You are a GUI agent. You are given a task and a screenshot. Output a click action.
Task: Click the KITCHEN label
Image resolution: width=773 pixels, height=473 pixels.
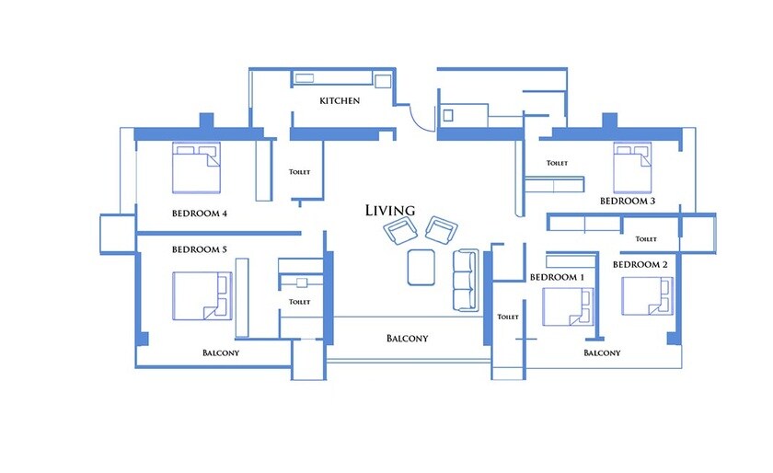pos(340,100)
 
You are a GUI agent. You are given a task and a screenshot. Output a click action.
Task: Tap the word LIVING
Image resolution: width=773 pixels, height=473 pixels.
pos(390,211)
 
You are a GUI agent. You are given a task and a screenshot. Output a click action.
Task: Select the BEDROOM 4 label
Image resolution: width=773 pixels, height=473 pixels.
pos(200,213)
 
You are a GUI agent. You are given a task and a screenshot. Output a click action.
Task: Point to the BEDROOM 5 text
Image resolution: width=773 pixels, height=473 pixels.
pos(200,249)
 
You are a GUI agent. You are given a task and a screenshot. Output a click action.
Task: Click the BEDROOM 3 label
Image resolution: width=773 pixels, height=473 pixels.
pos(628,200)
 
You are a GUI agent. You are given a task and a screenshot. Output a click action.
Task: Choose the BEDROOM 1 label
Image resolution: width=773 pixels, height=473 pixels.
pos(557,277)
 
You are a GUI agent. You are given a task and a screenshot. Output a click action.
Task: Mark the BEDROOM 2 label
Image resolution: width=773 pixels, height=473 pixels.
pos(640,265)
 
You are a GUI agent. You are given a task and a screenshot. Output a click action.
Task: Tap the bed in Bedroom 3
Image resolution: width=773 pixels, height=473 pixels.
pos(633,167)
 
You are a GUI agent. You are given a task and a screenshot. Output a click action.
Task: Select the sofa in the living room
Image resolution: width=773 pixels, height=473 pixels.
pos(465,280)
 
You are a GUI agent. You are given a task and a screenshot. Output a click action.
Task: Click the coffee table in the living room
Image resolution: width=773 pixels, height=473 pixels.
pos(422,267)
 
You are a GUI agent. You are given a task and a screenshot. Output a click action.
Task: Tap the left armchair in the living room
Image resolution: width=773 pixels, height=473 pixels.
pos(400,231)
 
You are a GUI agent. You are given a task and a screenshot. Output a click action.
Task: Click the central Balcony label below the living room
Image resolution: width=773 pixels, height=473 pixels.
pos(407,339)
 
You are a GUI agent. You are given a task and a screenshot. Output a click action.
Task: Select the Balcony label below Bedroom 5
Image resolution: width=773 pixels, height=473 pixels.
pos(221,352)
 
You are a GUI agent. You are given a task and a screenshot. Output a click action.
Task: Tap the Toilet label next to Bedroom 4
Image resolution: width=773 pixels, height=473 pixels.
pos(300,172)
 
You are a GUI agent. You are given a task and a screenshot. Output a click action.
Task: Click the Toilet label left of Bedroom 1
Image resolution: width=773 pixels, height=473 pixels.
pos(508,317)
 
